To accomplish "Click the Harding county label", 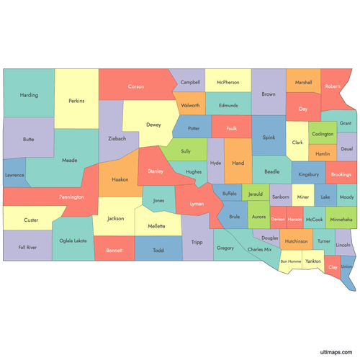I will (x=30, y=95).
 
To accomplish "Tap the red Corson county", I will (x=135, y=86).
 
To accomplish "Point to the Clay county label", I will (x=333, y=267).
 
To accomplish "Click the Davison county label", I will (x=278, y=218).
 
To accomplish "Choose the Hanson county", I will (x=295, y=218).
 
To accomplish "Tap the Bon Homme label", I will (x=291, y=261).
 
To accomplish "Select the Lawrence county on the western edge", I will (x=14, y=175).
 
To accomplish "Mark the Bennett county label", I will (x=114, y=251).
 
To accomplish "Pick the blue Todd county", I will (x=158, y=251).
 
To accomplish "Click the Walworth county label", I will (x=190, y=105).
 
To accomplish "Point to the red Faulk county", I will (x=230, y=129).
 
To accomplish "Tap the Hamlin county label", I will (x=323, y=154).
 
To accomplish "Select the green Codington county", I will (x=323, y=134).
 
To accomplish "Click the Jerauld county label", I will (x=256, y=194).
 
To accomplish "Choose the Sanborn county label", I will (x=281, y=197).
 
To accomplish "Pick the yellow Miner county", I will (x=303, y=197).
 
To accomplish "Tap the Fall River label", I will (x=27, y=247).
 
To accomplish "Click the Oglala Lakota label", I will (x=72, y=240).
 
